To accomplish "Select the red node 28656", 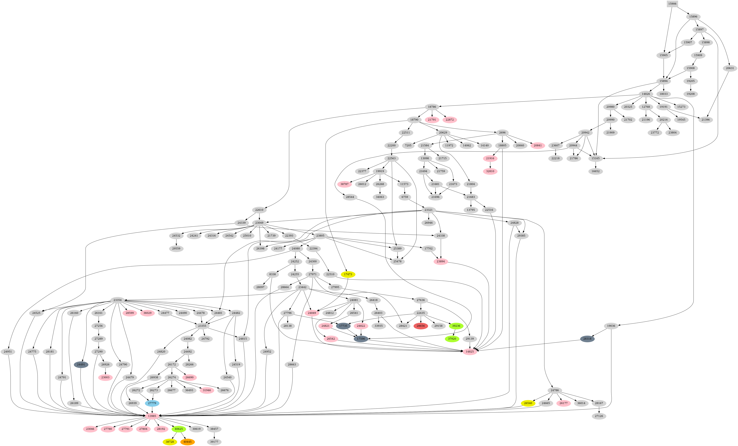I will coord(421,326).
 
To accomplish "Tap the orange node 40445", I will coord(188,442).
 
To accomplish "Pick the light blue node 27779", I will coord(152,403).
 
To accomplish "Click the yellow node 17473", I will coord(348,274).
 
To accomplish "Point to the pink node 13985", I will coord(152,416).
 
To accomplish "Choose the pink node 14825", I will coord(470,352).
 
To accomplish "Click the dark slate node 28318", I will coord(587,339).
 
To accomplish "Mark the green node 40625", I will coord(179,429).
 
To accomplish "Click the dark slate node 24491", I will coord(81,365).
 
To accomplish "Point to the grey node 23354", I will coord(117,300).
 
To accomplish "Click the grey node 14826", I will coord(646,94).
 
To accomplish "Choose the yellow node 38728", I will coord(170,442).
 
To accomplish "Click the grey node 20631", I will coord(730,68).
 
